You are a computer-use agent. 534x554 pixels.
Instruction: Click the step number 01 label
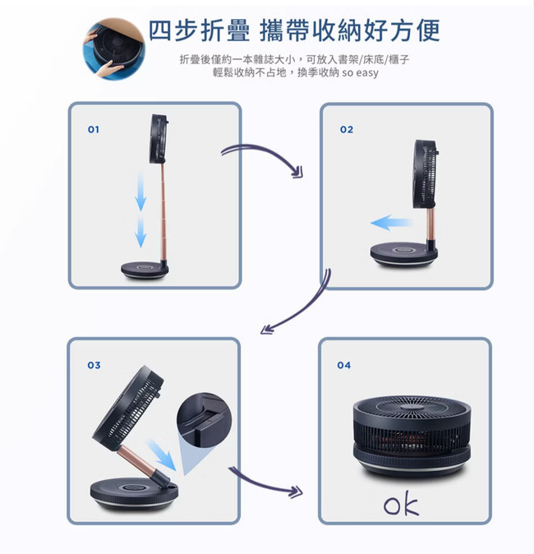tap(93, 130)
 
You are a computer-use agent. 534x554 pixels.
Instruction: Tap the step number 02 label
tap(347, 130)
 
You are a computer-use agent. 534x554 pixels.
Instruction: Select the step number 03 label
tap(94, 365)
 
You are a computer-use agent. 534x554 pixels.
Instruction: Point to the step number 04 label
tap(344, 365)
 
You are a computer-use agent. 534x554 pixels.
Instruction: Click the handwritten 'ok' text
tap(401, 504)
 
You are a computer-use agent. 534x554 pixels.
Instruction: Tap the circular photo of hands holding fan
tap(114, 48)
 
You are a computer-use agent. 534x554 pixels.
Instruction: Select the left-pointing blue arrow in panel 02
tap(391, 223)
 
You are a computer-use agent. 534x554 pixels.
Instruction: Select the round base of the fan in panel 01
tap(145, 270)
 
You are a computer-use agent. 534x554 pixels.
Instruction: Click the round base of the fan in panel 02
tap(403, 254)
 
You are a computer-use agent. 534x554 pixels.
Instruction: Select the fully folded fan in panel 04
tap(412, 436)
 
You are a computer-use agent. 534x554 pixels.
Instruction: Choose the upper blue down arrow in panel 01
tap(141, 192)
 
